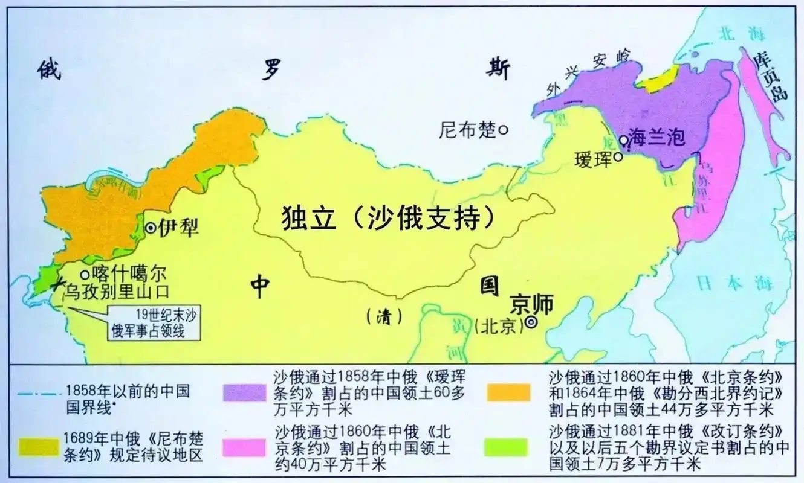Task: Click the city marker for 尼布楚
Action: [x=503, y=129]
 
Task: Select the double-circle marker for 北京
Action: [x=531, y=323]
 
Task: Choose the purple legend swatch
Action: [x=244, y=393]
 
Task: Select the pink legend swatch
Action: [x=244, y=447]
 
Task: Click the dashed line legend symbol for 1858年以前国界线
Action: [x=37, y=392]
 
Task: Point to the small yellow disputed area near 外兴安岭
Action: [x=658, y=79]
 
